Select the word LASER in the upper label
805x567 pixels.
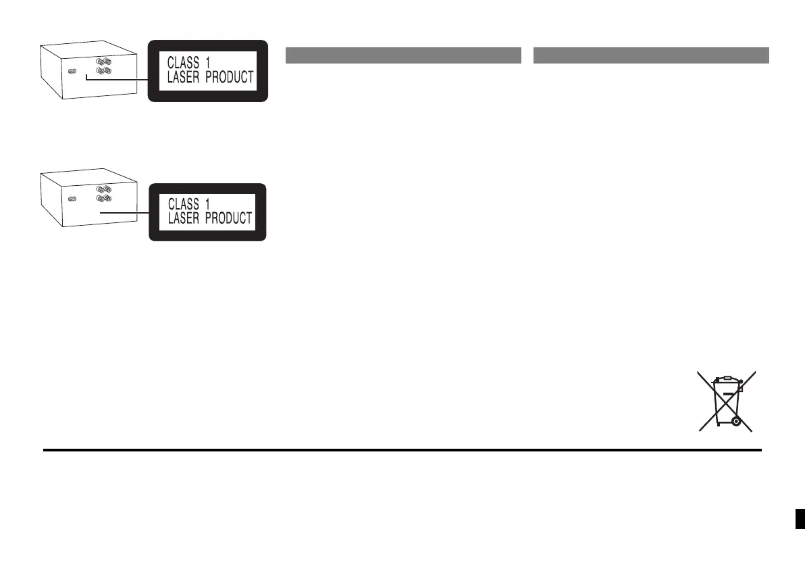[183, 78]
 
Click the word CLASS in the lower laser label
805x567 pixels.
[183, 203]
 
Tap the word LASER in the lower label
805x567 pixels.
[183, 218]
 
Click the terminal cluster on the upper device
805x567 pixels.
[103, 65]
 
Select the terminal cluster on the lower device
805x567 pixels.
[103, 195]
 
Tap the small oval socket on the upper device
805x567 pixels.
[72, 70]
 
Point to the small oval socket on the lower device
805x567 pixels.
[72, 199]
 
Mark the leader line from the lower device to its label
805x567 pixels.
[122, 212]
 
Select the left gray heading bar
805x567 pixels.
[403, 55]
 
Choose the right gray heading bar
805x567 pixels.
[651, 55]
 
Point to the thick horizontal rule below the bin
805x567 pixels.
[402, 449]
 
